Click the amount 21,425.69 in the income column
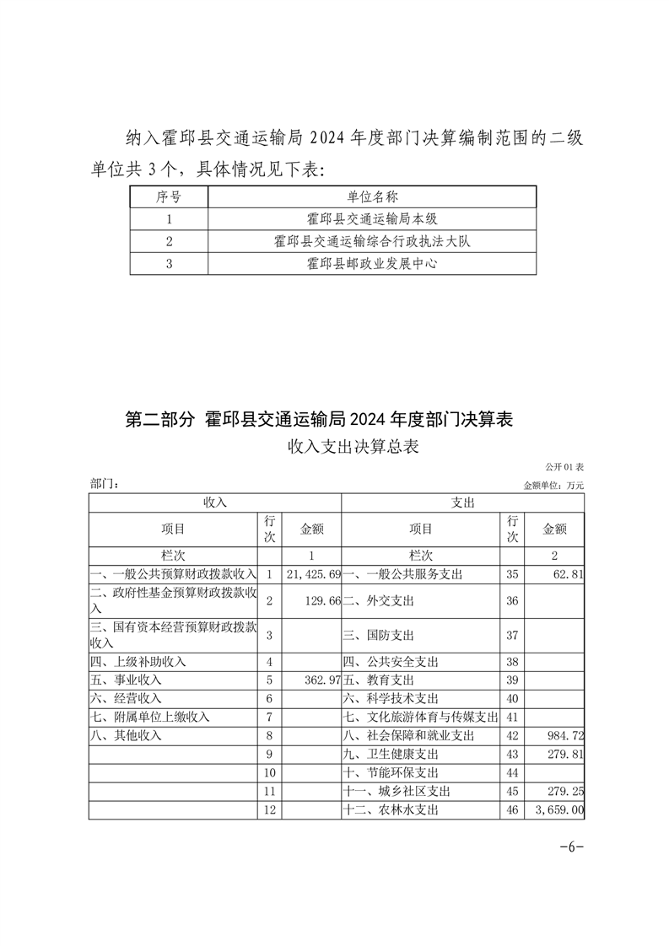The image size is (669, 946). coord(313,574)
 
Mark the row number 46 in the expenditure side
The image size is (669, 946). coord(511,810)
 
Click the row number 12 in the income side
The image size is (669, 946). coord(270,810)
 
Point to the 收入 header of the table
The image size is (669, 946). coord(215,503)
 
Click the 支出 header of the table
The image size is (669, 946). coord(463,503)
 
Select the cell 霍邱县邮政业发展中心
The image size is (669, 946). coord(372,264)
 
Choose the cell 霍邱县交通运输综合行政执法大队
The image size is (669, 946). coord(372,242)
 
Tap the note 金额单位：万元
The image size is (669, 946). coord(553,486)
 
